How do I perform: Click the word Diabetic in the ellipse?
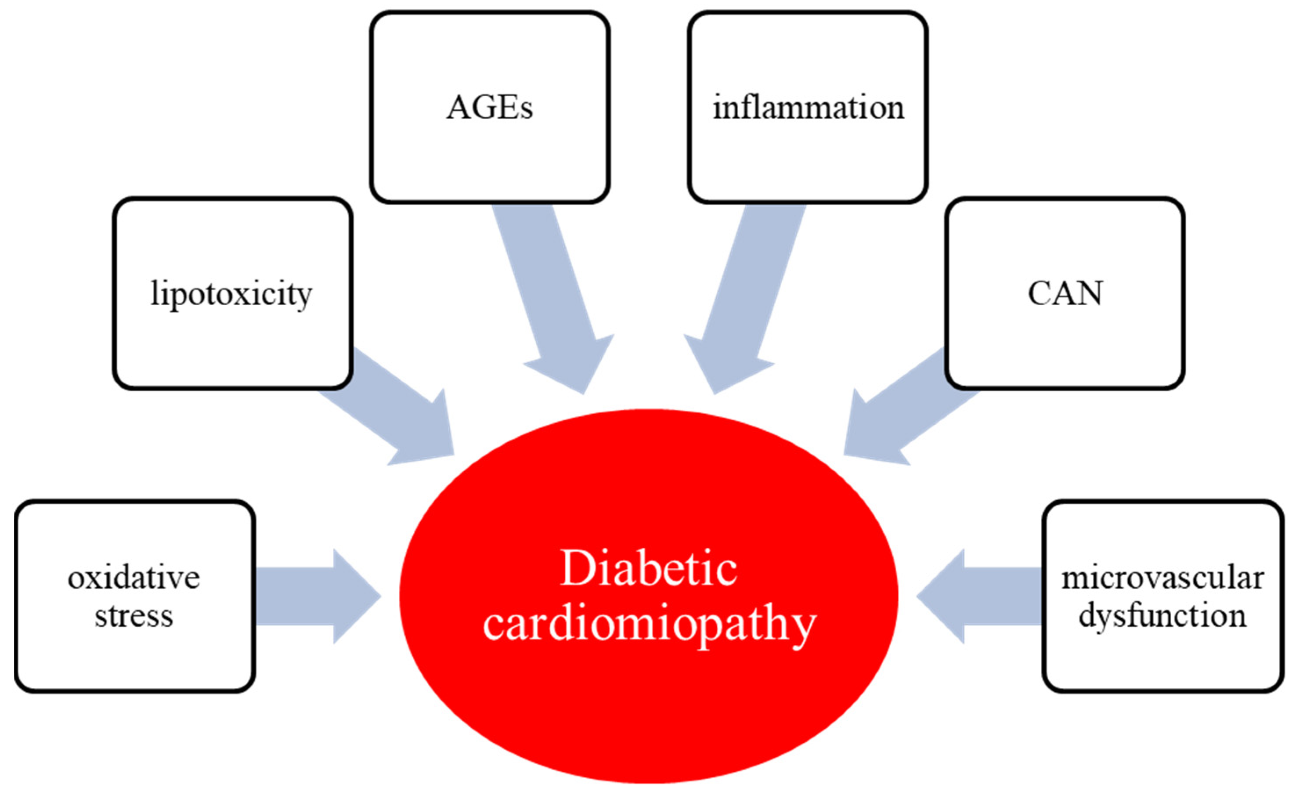648,569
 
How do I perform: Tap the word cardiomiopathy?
649,624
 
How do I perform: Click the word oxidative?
134,578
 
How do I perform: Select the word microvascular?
1163,578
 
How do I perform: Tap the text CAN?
1065,293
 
